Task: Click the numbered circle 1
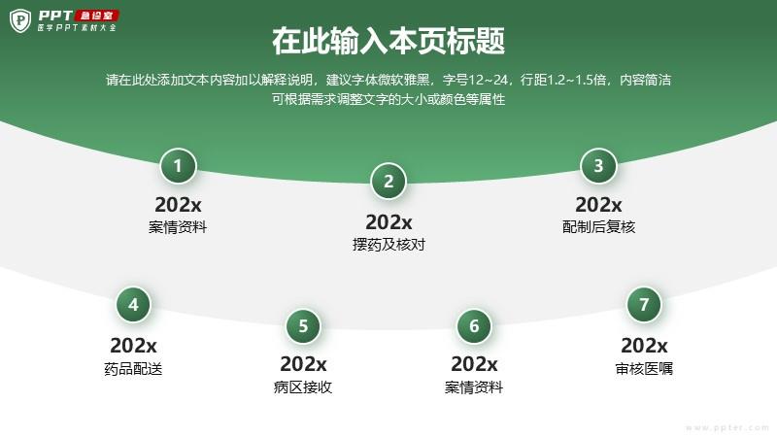[x=178, y=166]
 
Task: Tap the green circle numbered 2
[x=388, y=182]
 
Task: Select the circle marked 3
[x=598, y=166]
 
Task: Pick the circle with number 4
[x=133, y=305]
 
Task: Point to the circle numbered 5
[x=303, y=326]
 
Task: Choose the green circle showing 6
[x=474, y=326]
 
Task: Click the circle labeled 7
[x=644, y=305]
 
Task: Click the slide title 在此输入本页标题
[x=388, y=41]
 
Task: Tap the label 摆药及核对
[x=389, y=245]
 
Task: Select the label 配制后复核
[x=598, y=227]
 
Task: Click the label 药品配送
[x=133, y=369]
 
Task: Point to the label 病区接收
[x=303, y=387]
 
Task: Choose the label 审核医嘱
[x=644, y=369]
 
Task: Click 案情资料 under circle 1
[x=178, y=227]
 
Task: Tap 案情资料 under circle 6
[x=474, y=387]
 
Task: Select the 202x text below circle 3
[x=598, y=205]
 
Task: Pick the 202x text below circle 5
[x=303, y=364]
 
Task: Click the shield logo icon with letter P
[x=20, y=20]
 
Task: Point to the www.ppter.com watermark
[x=727, y=427]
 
